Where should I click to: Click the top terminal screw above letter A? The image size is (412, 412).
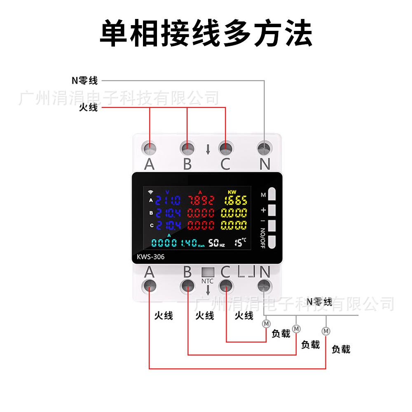150,147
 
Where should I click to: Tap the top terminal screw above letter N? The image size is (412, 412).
264,147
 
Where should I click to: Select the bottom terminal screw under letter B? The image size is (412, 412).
187,285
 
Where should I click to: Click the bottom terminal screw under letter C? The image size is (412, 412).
226,285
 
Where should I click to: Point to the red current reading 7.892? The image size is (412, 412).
201,201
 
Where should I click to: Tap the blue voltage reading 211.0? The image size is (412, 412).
168,201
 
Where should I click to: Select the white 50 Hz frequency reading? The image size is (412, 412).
216,243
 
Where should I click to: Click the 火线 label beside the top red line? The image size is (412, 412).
88,108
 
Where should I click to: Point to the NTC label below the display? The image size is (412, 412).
208,281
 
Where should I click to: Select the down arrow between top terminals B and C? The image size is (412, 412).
208,149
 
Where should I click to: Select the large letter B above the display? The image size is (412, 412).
187,164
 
